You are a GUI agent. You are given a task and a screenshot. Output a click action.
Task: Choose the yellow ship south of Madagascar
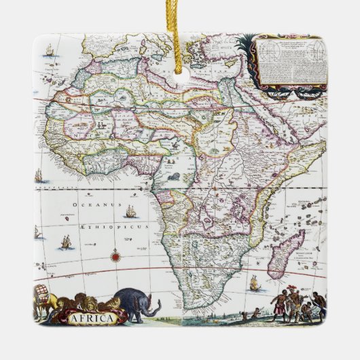click(x=254, y=283)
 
